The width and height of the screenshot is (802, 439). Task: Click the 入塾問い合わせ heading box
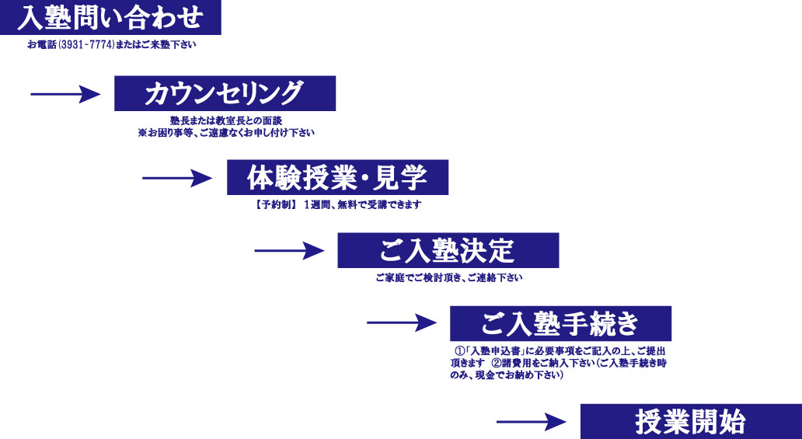110,17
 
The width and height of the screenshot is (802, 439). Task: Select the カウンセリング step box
225,93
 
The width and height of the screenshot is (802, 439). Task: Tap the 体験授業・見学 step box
337,177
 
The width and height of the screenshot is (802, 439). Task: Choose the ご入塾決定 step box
448,250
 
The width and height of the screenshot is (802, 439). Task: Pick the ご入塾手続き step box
560,322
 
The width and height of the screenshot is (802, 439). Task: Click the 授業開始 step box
691,421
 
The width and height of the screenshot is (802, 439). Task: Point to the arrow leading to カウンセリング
66,94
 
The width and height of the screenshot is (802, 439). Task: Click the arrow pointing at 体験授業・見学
178,178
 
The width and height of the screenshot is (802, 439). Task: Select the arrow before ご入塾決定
290,250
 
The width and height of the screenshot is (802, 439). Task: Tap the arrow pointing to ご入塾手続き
403,322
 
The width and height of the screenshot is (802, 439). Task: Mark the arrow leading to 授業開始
532,422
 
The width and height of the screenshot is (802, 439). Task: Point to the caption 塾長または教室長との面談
225,121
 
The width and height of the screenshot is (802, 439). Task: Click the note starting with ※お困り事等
226,133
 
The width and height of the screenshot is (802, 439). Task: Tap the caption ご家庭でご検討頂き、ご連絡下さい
449,277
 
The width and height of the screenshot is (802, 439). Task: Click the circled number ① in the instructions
459,350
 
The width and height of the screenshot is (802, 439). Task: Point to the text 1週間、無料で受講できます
362,205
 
